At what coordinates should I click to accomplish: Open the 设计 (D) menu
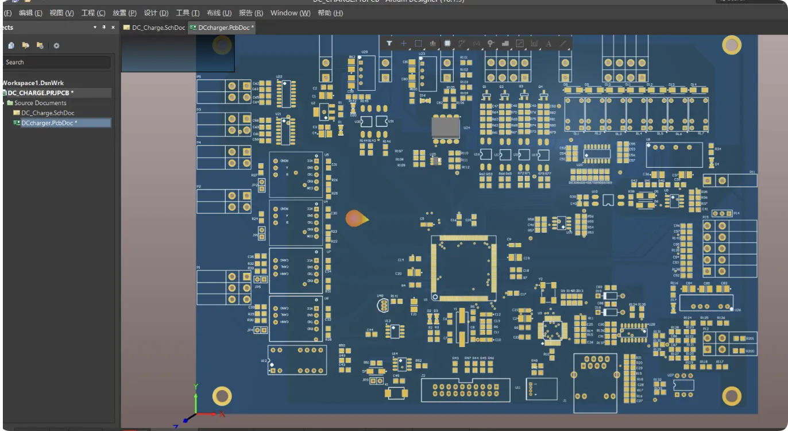point(156,13)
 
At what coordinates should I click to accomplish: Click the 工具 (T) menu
point(187,13)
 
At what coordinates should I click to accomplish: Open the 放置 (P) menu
point(124,13)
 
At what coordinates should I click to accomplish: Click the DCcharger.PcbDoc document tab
point(223,28)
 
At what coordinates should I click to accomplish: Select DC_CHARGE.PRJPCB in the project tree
point(40,93)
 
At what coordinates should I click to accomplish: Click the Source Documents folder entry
point(40,103)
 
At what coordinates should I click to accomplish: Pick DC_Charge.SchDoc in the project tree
point(48,113)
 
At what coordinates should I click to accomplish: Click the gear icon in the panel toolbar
point(56,45)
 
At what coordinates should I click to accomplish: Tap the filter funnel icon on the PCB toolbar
point(389,43)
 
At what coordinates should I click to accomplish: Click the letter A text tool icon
point(548,43)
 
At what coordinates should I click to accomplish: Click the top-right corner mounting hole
point(731,45)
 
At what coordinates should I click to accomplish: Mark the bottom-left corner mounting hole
point(222,396)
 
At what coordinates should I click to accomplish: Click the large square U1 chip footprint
point(463,268)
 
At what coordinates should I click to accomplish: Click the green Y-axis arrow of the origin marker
point(196,396)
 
